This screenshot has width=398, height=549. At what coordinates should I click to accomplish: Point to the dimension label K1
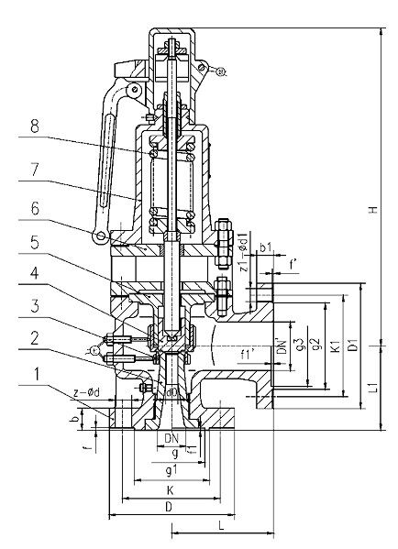336,347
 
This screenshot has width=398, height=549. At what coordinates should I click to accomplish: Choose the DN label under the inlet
171,438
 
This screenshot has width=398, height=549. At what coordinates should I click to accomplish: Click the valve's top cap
171,41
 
